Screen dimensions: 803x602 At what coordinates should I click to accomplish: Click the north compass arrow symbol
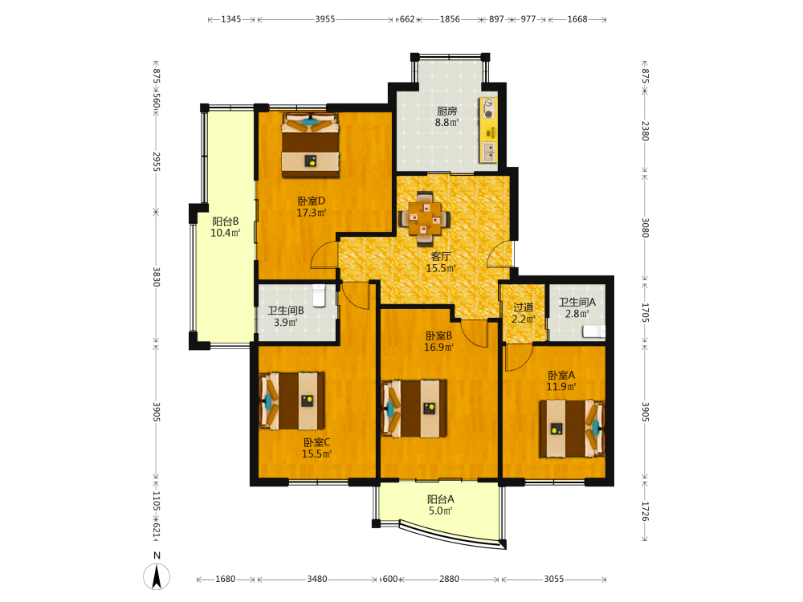tap(157, 576)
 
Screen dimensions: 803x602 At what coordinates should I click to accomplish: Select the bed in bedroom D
tap(310, 144)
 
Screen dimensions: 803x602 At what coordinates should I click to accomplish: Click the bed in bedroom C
tap(292, 401)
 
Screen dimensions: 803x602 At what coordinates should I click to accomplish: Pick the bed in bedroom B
tap(414, 408)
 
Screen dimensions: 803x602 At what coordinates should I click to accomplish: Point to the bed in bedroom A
tap(572, 429)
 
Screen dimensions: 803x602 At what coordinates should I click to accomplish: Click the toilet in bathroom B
tap(319, 295)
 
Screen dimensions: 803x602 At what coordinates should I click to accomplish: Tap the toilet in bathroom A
tap(593, 332)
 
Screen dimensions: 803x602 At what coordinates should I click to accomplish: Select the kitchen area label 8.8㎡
tap(446, 122)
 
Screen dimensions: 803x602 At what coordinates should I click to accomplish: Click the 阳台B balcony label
tap(226, 222)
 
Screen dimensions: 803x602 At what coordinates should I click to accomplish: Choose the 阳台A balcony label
tap(440, 498)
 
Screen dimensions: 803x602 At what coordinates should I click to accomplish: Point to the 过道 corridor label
tap(524, 307)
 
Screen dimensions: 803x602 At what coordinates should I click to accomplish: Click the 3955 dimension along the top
tap(324, 19)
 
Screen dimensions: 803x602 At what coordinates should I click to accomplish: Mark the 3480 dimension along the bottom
tap(317, 579)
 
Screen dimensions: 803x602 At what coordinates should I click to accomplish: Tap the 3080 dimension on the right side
tap(646, 227)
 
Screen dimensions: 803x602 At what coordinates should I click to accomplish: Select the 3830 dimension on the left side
tap(157, 276)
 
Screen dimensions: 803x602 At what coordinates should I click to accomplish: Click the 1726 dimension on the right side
tap(646, 510)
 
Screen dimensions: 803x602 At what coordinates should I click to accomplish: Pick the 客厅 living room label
tap(440, 256)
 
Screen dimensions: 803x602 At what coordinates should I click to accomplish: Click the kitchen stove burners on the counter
tap(488, 109)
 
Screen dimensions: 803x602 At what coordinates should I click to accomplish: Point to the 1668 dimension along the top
tap(577, 19)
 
